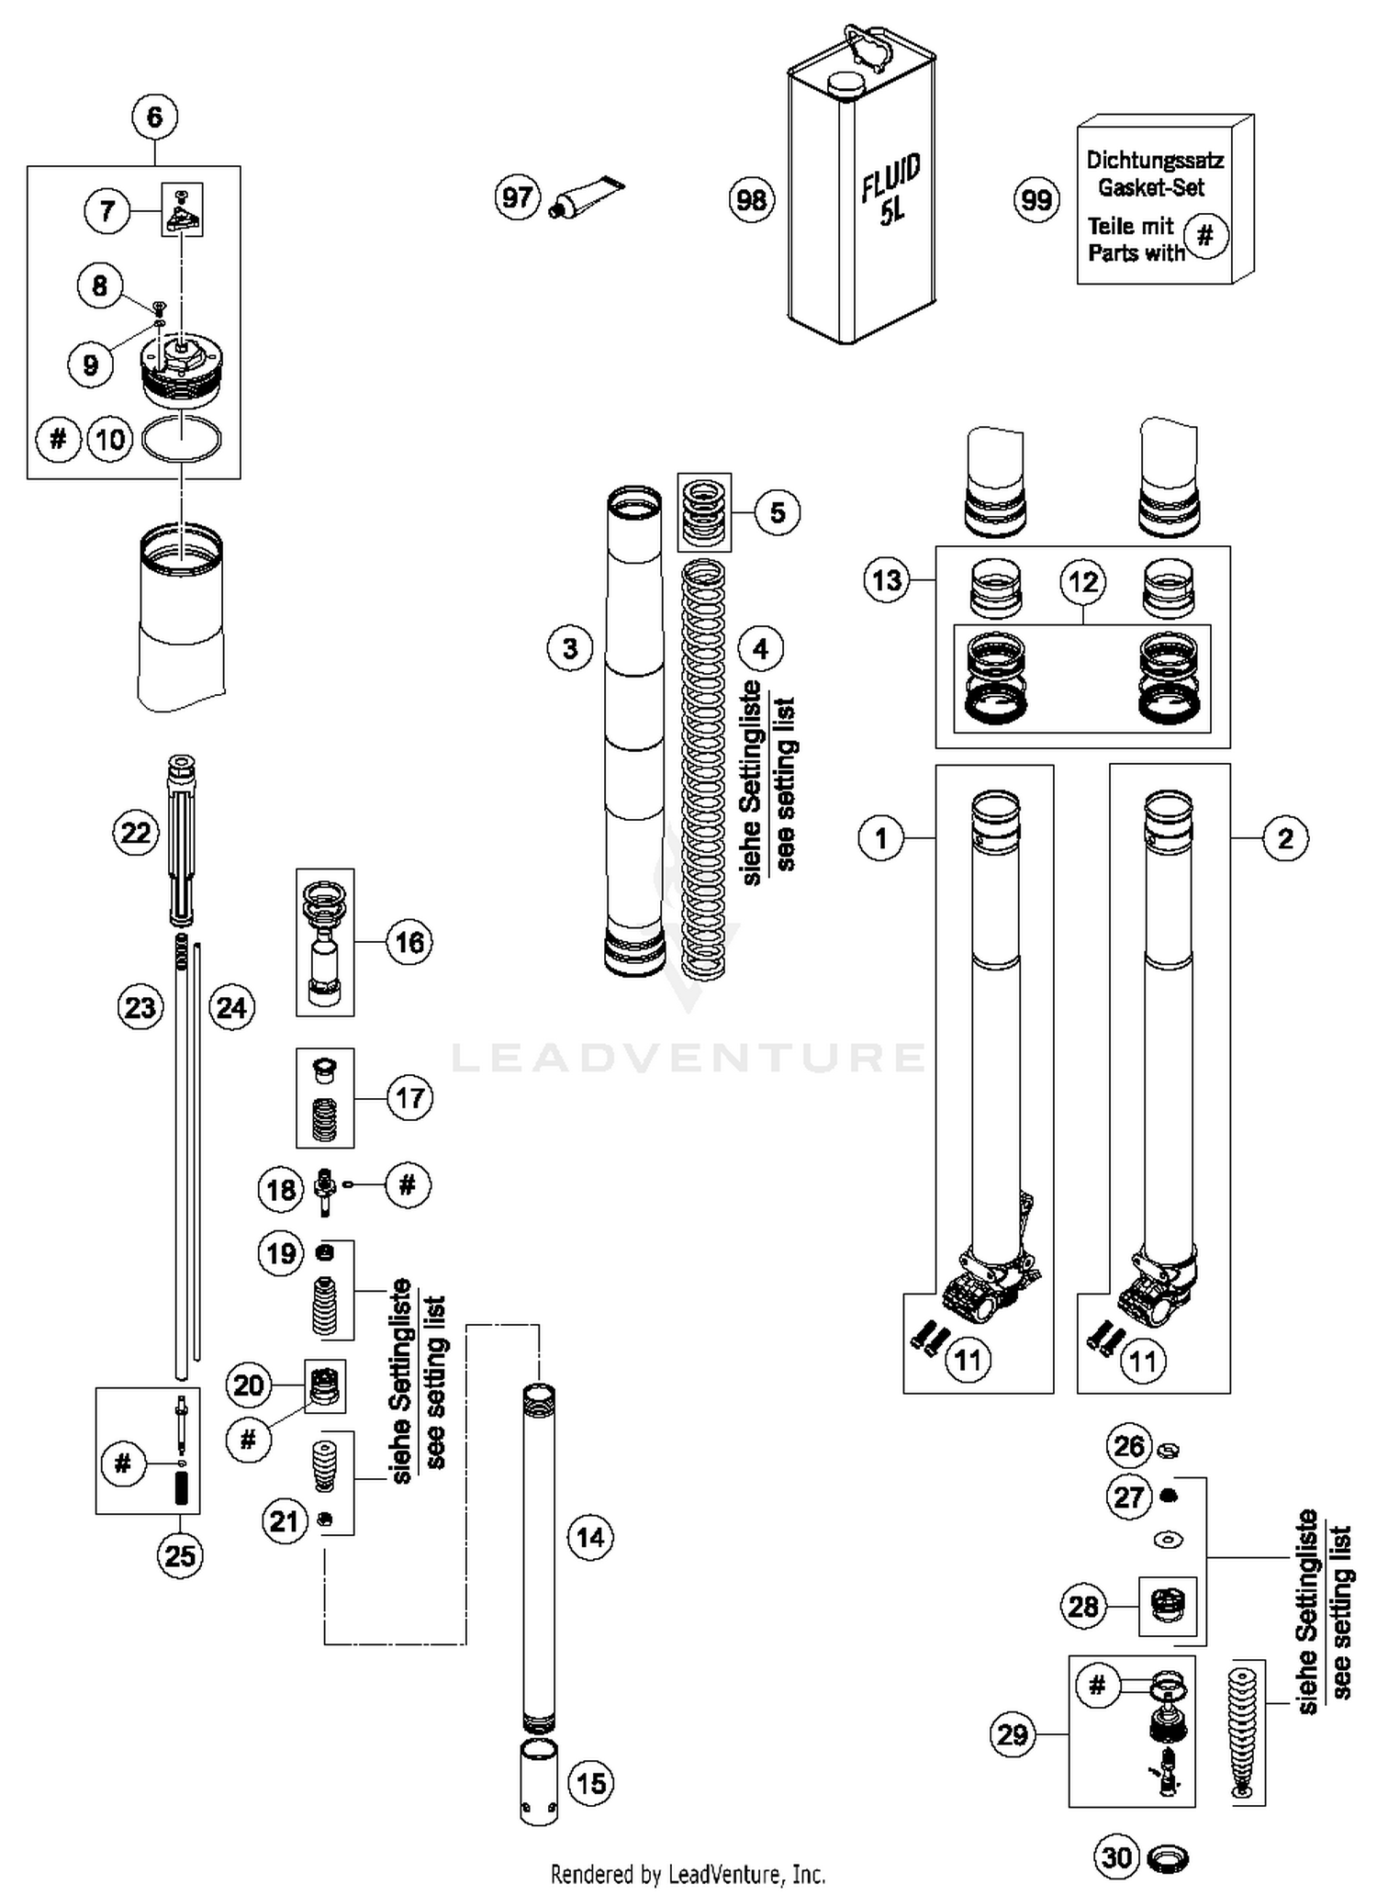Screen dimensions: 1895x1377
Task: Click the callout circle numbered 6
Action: tap(154, 117)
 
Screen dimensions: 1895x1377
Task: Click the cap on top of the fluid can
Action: tap(846, 84)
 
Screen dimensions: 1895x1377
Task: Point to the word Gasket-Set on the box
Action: tap(1151, 187)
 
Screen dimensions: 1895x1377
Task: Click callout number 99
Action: tap(1036, 199)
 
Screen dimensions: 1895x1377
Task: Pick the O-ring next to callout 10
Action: tap(182, 439)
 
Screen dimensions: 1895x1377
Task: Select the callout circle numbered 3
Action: tap(570, 649)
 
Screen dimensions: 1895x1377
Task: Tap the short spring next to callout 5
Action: tap(704, 512)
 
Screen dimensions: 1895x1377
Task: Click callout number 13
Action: tap(887, 580)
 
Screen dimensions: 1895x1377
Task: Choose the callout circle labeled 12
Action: tap(1083, 581)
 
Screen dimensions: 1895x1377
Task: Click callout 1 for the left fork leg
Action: tap(881, 838)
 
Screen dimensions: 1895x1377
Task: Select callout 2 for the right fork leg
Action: tap(1285, 838)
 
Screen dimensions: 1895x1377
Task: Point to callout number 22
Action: tap(136, 833)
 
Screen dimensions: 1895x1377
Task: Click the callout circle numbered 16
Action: tap(409, 942)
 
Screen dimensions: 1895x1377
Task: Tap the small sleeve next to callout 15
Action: tap(539, 1784)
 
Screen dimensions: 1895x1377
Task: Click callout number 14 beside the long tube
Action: tap(590, 1537)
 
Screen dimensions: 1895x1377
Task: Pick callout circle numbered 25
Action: tap(180, 1555)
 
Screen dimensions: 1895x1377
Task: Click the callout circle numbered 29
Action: tap(1013, 1734)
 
